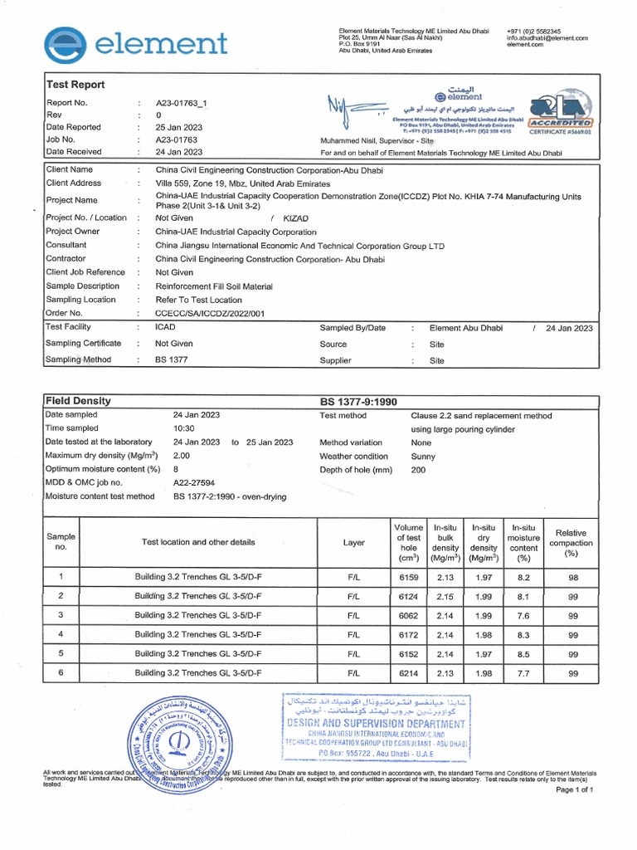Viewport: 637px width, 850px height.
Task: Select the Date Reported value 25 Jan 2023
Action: (x=179, y=128)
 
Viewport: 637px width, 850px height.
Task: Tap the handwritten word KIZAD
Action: (x=296, y=217)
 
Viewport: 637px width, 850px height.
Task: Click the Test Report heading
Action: (x=75, y=85)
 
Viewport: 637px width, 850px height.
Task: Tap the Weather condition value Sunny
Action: (x=424, y=457)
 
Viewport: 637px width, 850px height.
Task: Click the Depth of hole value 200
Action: (x=419, y=470)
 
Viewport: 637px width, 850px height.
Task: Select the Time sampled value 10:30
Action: (x=183, y=428)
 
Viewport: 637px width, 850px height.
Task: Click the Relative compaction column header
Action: (x=571, y=543)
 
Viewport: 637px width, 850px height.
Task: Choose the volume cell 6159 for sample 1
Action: (x=409, y=578)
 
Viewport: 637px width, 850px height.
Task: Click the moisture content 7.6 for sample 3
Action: (x=523, y=616)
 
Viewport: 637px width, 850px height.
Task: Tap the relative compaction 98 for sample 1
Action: (x=572, y=578)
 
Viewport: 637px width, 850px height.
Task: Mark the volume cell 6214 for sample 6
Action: (x=409, y=673)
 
